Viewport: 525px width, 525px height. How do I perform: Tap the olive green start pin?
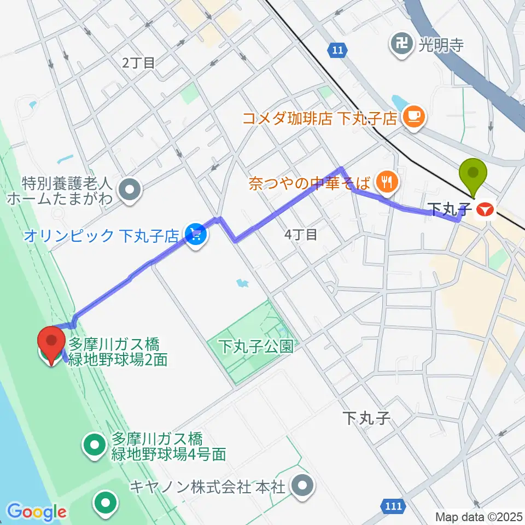point(474,175)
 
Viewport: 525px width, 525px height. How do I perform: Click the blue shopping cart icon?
point(195,236)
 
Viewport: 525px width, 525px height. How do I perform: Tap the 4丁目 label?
point(301,235)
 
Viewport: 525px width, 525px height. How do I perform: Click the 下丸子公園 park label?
point(256,346)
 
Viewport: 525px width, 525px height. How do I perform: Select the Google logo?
point(37,512)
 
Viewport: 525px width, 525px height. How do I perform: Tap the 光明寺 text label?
point(441,45)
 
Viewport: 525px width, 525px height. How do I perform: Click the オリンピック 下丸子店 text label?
point(101,236)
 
